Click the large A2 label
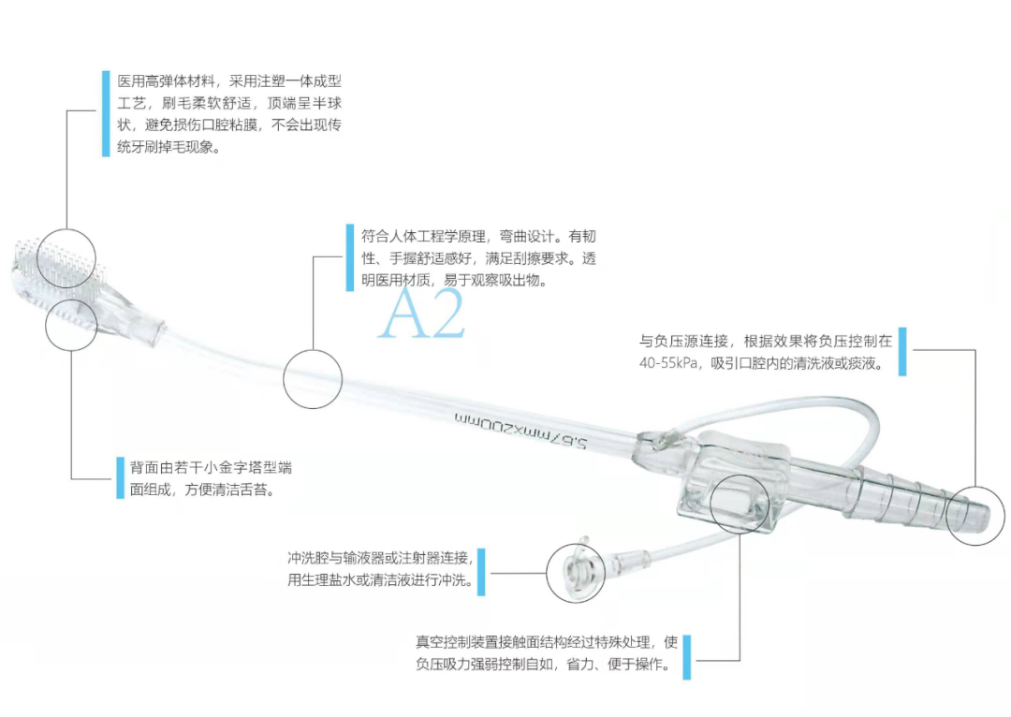click(421, 315)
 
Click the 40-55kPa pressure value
click(668, 363)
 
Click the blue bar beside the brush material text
click(105, 113)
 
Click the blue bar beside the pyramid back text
click(119, 477)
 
